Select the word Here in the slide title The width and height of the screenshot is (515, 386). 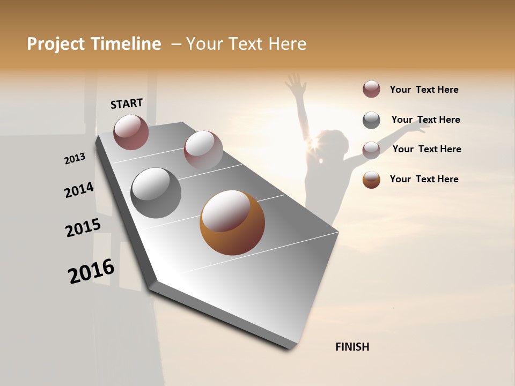pyautogui.click(x=286, y=44)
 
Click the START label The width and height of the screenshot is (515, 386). pyautogui.click(x=127, y=103)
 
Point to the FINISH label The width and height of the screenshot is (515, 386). pyautogui.click(x=352, y=347)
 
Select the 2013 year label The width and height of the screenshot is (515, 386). pyautogui.click(x=75, y=159)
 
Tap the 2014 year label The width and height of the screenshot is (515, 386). pyautogui.click(x=79, y=190)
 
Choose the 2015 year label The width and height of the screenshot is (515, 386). pyautogui.click(x=83, y=228)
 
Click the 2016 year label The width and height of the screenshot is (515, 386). pyautogui.click(x=91, y=271)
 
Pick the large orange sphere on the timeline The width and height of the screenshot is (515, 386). pyautogui.click(x=232, y=222)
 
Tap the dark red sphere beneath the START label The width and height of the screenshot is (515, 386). pyautogui.click(x=131, y=132)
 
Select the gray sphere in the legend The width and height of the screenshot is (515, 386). pyautogui.click(x=371, y=120)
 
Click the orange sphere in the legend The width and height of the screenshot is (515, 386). pyautogui.click(x=371, y=180)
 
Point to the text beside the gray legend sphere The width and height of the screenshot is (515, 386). pyautogui.click(x=425, y=120)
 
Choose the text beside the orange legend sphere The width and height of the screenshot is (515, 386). pyautogui.click(x=424, y=179)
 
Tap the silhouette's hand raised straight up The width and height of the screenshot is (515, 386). pyautogui.click(x=294, y=84)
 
